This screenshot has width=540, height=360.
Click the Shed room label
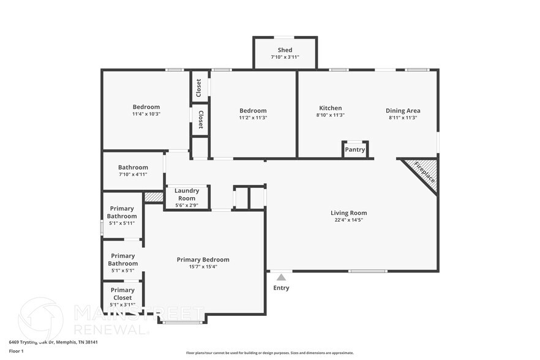pos(285,50)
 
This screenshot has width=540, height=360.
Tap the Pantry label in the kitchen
pos(355,149)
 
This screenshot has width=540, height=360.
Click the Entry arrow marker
pos(281,277)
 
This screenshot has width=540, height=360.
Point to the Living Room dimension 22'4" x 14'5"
pos(348,220)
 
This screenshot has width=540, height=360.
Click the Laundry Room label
pos(187,194)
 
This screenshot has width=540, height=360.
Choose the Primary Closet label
pos(122,294)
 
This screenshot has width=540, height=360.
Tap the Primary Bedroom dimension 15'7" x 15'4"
pos(203,266)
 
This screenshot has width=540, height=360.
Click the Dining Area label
pos(403,110)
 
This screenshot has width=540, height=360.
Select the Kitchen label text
pos(330,108)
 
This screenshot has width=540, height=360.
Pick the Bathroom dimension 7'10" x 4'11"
pos(133,174)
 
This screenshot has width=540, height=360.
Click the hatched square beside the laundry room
pos(154,197)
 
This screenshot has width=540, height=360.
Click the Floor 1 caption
pos(16,351)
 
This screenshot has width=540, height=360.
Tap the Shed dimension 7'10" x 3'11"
pos(285,57)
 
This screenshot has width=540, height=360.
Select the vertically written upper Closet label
pos(198,88)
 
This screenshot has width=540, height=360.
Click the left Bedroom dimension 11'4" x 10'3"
pos(146,114)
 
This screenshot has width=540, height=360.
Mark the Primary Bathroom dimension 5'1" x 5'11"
pos(122,223)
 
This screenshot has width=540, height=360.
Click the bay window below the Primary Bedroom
pos(182,321)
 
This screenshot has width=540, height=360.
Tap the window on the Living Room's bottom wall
pos(367,271)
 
